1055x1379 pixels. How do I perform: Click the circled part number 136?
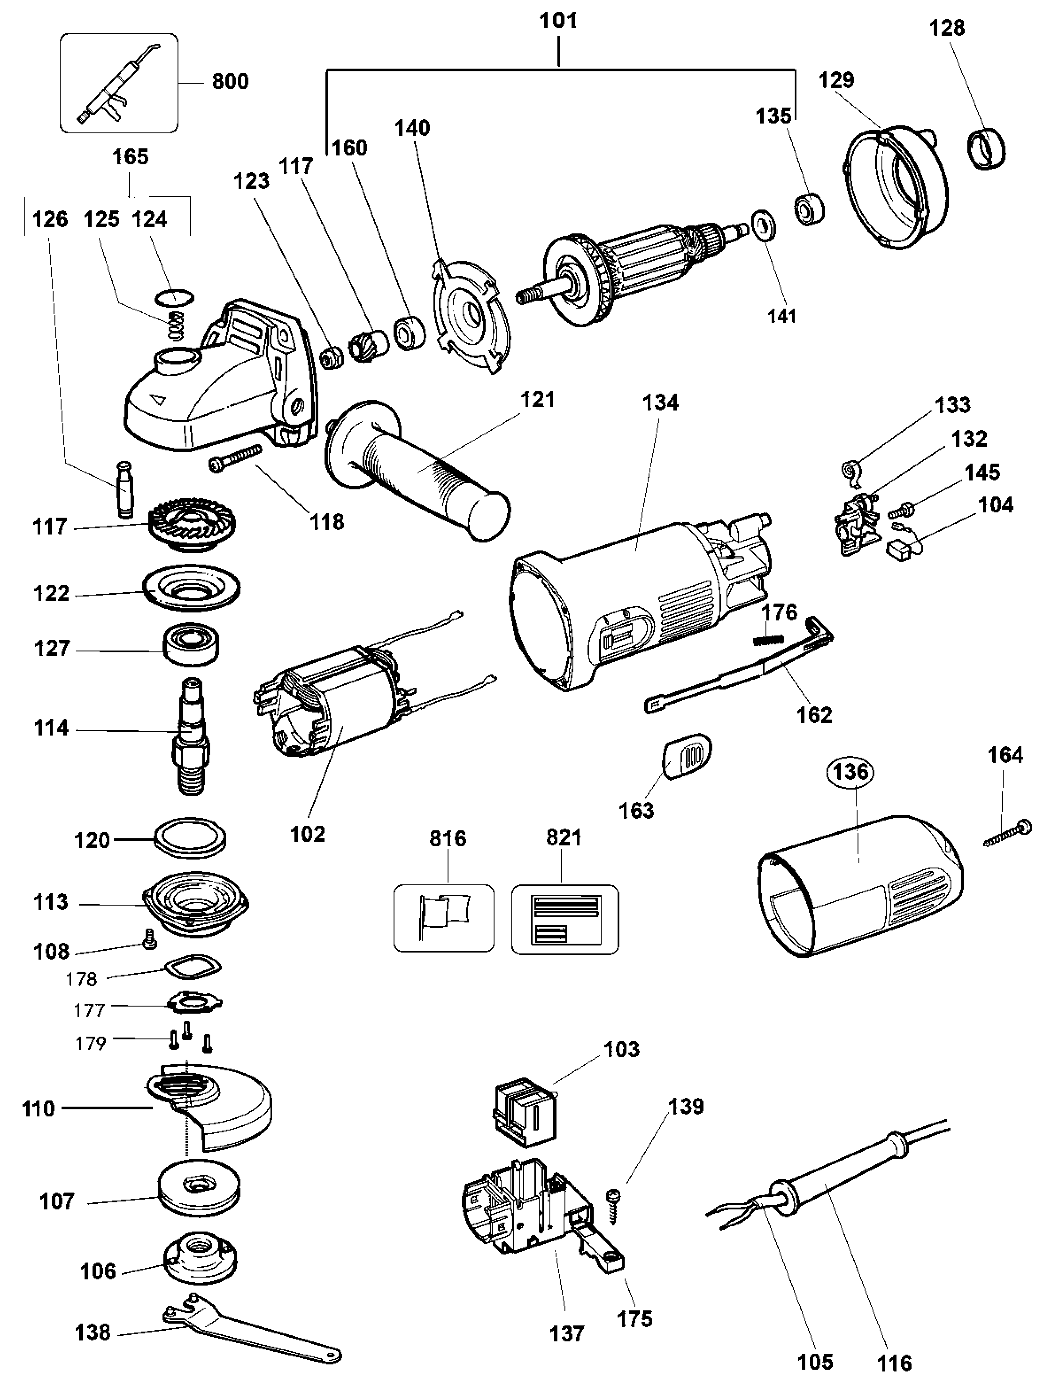[x=851, y=771]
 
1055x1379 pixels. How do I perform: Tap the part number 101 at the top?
[x=558, y=21]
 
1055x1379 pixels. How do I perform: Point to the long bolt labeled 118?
[x=234, y=457]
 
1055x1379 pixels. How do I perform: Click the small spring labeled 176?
[x=767, y=640]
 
